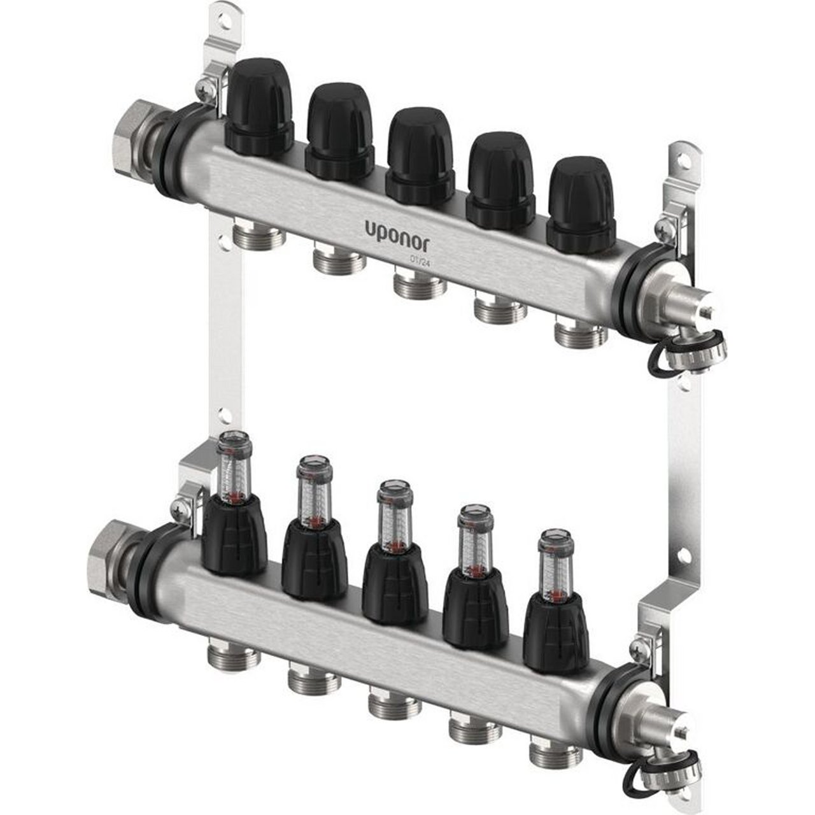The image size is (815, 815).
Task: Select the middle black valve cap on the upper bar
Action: coord(420,155)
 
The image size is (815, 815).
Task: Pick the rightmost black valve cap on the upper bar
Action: coord(581,204)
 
